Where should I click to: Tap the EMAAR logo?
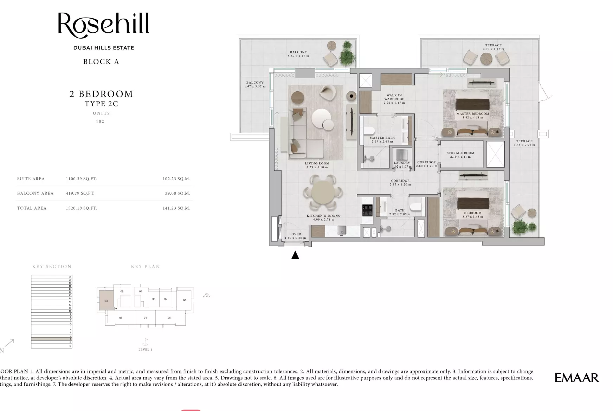(576, 378)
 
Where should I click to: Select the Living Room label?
(317, 165)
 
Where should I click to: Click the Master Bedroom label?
(472, 116)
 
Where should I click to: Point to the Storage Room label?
(460, 155)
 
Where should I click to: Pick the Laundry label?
(401, 164)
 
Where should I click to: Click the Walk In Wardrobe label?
(394, 99)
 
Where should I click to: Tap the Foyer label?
(295, 236)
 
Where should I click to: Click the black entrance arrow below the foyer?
(295, 255)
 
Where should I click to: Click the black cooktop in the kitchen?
(367, 210)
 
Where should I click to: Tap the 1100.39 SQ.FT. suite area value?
(81, 179)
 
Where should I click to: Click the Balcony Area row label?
(35, 193)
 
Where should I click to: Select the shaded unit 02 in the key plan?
(106, 300)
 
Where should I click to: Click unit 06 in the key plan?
(184, 300)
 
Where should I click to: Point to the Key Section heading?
(52, 267)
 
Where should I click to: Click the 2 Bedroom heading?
(101, 94)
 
